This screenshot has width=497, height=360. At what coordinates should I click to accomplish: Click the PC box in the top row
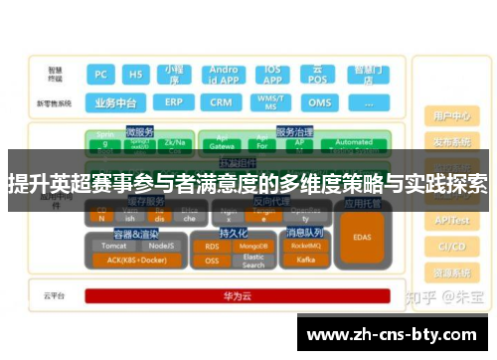point(100,75)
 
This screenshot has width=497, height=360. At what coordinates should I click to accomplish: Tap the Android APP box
point(224,76)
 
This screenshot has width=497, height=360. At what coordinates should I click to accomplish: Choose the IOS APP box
point(270,76)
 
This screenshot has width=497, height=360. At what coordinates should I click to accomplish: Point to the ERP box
point(174,102)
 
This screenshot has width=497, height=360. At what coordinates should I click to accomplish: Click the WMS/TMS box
point(269,102)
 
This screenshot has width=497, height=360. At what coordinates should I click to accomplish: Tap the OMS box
point(319,102)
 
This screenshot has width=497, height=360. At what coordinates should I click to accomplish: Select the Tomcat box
point(113,246)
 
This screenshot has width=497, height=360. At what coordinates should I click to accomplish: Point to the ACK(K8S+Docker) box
point(136,261)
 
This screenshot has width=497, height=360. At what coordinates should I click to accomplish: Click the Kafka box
point(306,260)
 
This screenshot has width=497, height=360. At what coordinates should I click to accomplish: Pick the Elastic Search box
point(254,261)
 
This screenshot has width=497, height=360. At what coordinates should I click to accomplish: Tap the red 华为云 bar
point(237,295)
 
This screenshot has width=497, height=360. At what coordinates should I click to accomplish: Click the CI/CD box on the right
point(451,247)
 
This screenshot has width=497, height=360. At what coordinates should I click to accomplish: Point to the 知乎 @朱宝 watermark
point(443,296)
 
